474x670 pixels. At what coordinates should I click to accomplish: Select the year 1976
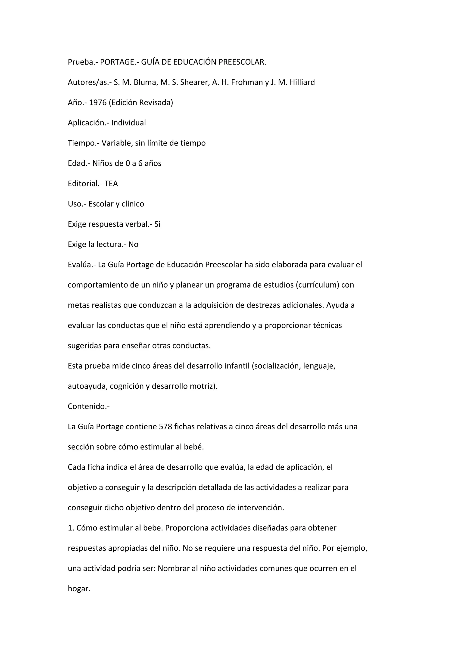point(97,103)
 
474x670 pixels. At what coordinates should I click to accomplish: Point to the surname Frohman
point(248,83)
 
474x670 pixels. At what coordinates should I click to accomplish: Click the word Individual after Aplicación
point(128,123)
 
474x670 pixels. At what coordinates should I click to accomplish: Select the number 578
point(165,427)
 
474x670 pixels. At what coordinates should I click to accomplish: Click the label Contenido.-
point(89,406)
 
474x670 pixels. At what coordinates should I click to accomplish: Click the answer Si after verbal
point(157,224)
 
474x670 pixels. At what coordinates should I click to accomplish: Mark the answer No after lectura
point(133,245)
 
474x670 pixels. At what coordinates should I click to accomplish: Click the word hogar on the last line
point(79,589)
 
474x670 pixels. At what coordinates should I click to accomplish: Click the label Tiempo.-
point(84,143)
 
